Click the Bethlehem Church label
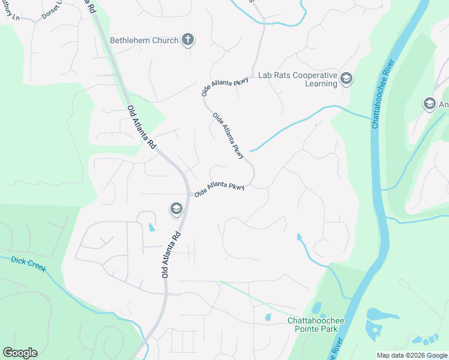[x=144, y=40]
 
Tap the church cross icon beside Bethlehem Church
[x=188, y=40]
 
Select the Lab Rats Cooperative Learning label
[x=297, y=80]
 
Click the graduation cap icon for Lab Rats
[x=346, y=79]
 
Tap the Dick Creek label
[x=28, y=262]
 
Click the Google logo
[x=20, y=353]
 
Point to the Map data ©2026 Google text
[x=412, y=355]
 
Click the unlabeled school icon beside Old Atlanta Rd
[x=176, y=209]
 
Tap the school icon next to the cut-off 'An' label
[x=429, y=104]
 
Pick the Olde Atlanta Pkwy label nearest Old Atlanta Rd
[x=219, y=190]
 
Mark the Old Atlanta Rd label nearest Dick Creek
[x=170, y=254]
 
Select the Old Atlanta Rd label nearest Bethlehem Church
[x=142, y=128]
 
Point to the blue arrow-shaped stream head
[x=300, y=236]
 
